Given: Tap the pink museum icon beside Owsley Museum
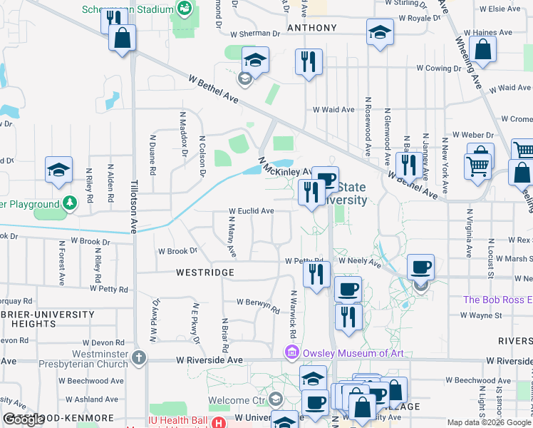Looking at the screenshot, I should pyautogui.click(x=291, y=352).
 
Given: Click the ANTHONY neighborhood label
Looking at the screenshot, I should pyautogui.click(x=311, y=28).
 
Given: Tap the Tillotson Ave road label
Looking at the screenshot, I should pyautogui.click(x=133, y=205).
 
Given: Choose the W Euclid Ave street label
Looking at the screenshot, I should pyautogui.click(x=251, y=211).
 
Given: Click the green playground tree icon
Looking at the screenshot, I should pyautogui.click(x=68, y=204).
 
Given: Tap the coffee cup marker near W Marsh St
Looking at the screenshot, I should pyautogui.click(x=420, y=267).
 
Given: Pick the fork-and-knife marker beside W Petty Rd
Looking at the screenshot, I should pyautogui.click(x=316, y=273).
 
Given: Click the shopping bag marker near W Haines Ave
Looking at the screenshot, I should pyautogui.click(x=483, y=49).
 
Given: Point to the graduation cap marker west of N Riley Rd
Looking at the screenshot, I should pyautogui.click(x=58, y=170).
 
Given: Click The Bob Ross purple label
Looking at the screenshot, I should pyautogui.click(x=497, y=300).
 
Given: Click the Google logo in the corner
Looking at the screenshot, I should pyautogui.click(x=24, y=419).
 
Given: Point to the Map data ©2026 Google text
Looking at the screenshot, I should pyautogui.click(x=489, y=422).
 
